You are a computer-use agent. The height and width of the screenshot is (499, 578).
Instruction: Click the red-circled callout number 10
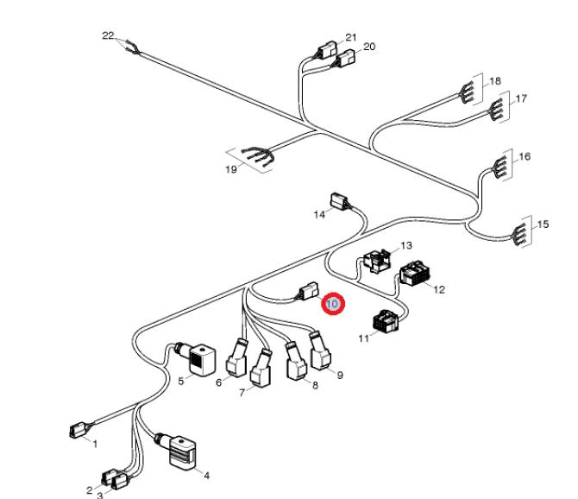[333, 304]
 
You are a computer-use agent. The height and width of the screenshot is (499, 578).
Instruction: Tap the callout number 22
[108, 35]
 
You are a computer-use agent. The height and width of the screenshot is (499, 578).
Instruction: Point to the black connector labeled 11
[385, 323]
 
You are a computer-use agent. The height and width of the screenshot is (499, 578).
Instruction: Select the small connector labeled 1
[77, 429]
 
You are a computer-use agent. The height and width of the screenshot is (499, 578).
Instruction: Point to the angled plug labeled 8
[295, 363]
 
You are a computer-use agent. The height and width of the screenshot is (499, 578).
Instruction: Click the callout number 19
[230, 170]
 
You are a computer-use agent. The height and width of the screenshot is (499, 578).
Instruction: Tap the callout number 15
[542, 224]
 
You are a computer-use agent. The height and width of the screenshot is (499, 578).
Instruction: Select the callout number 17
[521, 99]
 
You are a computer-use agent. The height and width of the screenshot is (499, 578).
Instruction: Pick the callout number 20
[369, 47]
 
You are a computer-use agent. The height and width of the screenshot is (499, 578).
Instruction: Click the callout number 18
[495, 81]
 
